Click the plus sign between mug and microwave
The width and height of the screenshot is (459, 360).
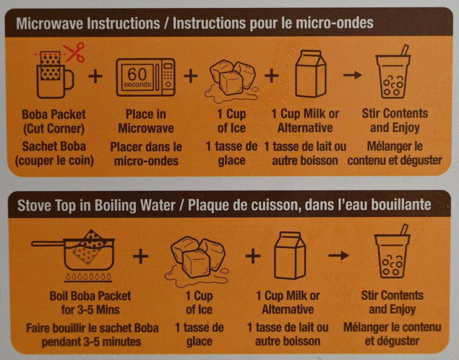point(95,76)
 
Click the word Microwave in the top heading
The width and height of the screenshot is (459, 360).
point(44,23)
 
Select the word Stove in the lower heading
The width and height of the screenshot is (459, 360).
point(33,205)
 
